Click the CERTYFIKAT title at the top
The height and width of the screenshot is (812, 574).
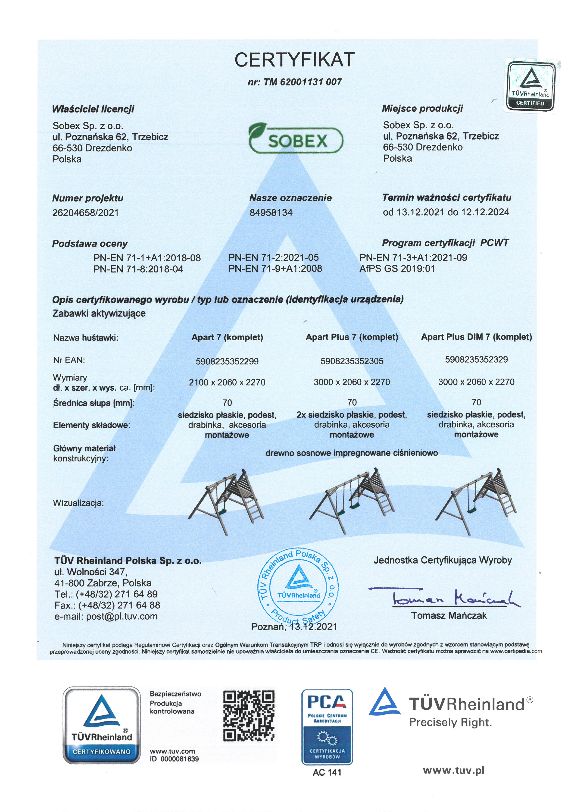point(294,60)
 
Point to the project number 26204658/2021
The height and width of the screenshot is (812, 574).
point(86,213)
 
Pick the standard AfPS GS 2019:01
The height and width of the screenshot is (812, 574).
point(397,269)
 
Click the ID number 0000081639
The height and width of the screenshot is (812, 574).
point(180,759)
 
